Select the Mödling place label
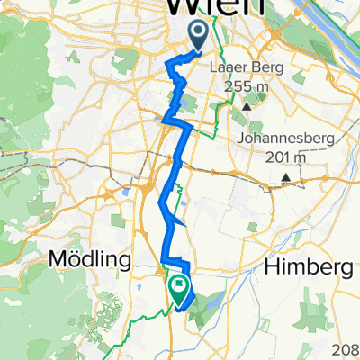click(x=86, y=260)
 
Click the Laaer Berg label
click(x=247, y=67)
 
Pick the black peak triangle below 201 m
click(x=286, y=176)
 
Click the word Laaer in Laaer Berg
click(x=229, y=67)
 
